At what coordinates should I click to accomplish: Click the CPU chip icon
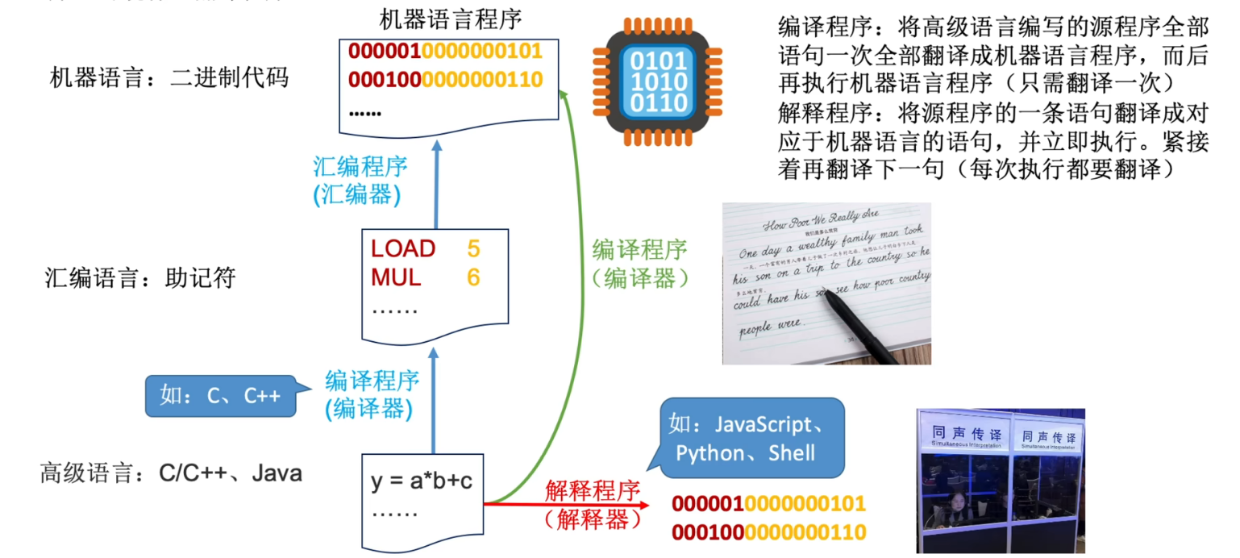(x=659, y=81)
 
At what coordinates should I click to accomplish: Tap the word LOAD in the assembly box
(x=403, y=248)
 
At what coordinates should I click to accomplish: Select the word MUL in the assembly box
(x=396, y=277)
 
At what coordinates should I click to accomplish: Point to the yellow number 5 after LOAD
(x=473, y=248)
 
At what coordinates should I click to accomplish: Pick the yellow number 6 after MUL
(x=473, y=277)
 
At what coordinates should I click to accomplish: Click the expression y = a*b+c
(x=422, y=482)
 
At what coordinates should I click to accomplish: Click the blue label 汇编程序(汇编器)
(x=360, y=180)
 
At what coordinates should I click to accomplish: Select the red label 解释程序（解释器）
(x=592, y=504)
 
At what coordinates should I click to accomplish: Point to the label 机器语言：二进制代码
(x=169, y=78)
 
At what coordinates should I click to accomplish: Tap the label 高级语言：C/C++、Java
(x=171, y=473)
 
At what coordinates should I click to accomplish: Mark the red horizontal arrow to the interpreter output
(x=564, y=504)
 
